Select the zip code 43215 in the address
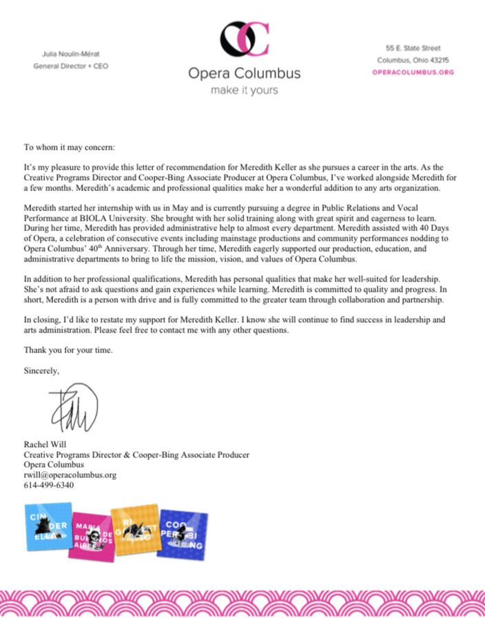(441, 60)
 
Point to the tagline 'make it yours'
(245, 90)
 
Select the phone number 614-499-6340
(49, 485)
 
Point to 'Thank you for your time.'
(68, 350)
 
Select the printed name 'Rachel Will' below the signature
(45, 445)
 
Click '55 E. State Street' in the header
(413, 48)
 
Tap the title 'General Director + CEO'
(71, 67)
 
